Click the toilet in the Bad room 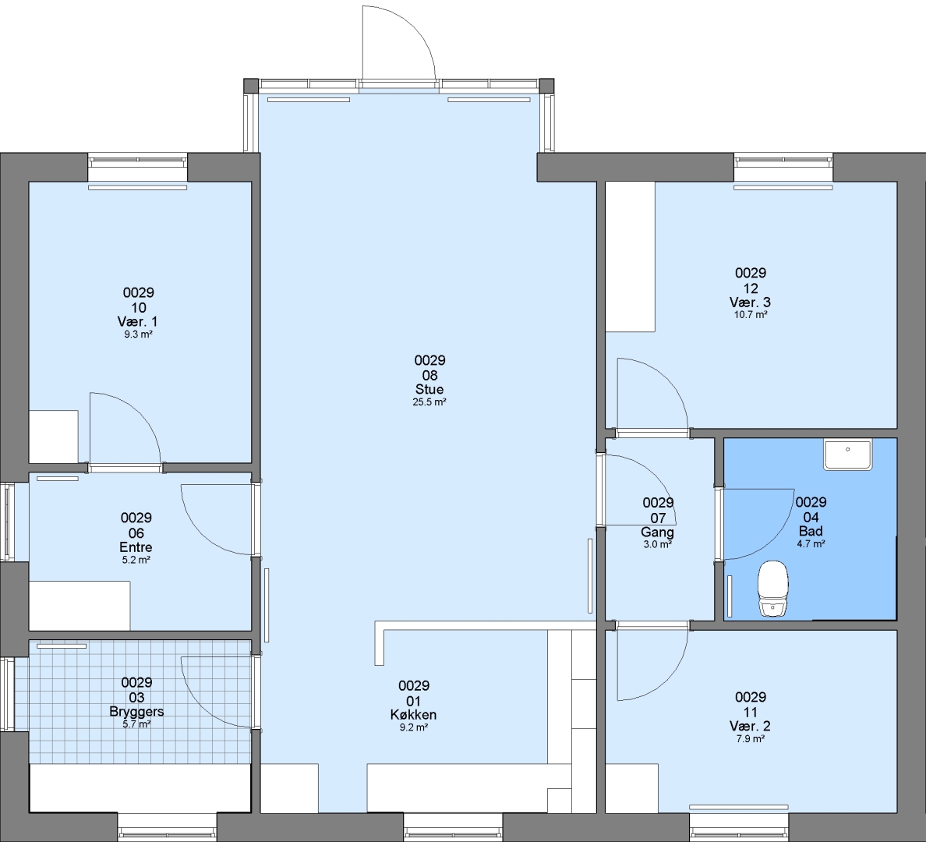tap(772, 589)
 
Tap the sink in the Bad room tap(848, 455)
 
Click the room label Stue tap(429, 389)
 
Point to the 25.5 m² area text tap(429, 402)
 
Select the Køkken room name tap(413, 715)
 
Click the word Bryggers tap(136, 712)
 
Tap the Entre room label tap(136, 547)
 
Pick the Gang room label tap(657, 532)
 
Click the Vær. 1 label tap(138, 322)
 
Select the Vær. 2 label tap(750, 726)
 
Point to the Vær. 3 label tap(750, 302)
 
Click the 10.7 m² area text tap(751, 315)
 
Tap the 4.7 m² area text tap(811, 544)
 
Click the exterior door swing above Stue tap(414, 26)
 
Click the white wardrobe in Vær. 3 tap(630, 256)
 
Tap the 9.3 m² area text tap(138, 334)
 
